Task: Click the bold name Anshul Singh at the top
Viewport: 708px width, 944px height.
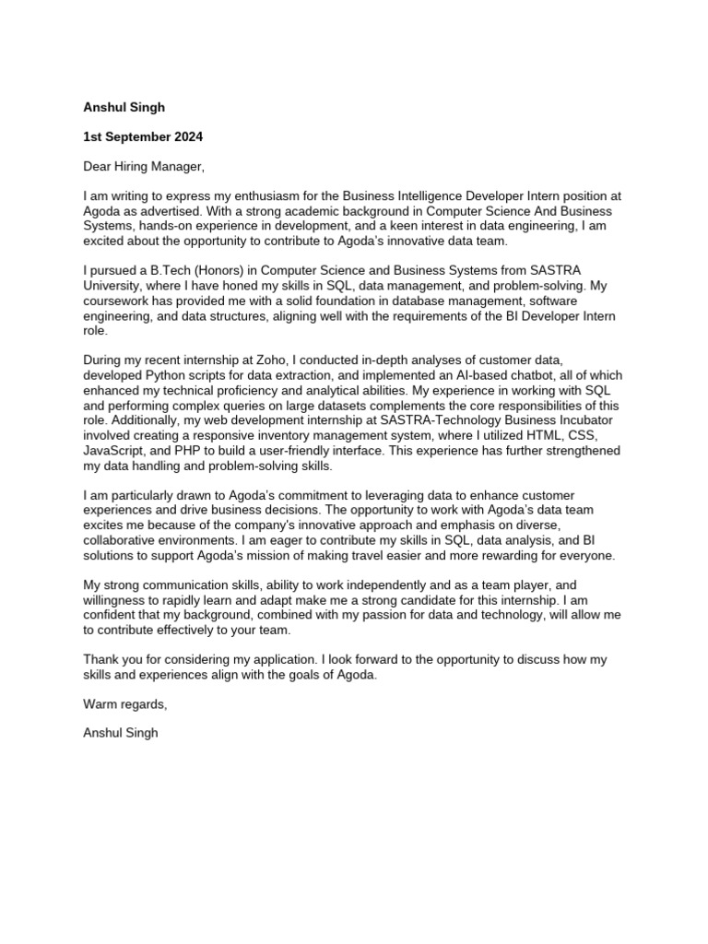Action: click(x=124, y=107)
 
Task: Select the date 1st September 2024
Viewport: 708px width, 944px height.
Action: click(x=143, y=136)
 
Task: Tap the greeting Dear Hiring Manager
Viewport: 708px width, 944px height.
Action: click(x=142, y=167)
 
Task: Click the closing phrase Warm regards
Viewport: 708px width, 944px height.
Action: click(x=125, y=704)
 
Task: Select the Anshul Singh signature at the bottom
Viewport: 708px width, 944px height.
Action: click(x=120, y=735)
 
